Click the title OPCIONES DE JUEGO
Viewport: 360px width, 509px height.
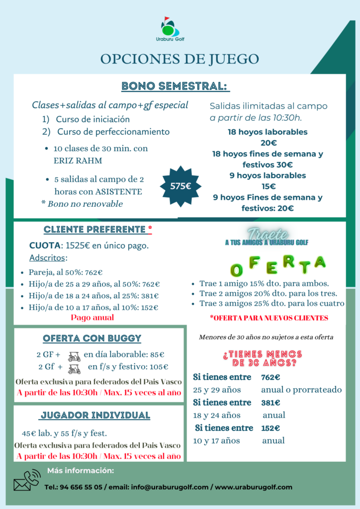click(x=180, y=59)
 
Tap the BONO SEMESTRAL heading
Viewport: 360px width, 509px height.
click(x=176, y=86)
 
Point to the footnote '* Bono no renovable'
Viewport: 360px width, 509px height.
click(x=82, y=204)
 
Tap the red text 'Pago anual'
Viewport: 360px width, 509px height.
click(x=92, y=318)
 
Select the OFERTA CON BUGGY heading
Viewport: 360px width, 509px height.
click(x=92, y=339)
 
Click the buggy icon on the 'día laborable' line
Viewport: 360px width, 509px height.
click(x=74, y=356)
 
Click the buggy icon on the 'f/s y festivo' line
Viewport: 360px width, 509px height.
click(x=74, y=368)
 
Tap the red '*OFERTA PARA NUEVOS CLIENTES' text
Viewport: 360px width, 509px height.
click(x=269, y=318)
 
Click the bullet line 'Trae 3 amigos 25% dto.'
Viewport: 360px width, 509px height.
click(x=271, y=303)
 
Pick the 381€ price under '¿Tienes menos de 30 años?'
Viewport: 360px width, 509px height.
click(x=270, y=403)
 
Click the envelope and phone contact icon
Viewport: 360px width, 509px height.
click(x=26, y=480)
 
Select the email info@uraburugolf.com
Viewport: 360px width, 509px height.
click(x=170, y=488)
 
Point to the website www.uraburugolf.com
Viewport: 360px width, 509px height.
click(x=254, y=488)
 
